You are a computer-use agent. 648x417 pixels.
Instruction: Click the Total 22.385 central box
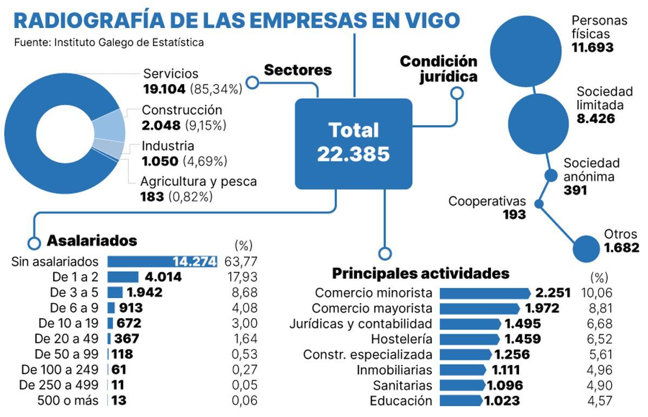(353, 143)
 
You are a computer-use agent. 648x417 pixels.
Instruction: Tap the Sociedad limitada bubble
(539, 123)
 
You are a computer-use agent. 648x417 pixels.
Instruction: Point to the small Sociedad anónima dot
(550, 176)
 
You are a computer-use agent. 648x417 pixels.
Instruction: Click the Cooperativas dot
(538, 204)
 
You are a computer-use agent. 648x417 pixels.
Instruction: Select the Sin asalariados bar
(161, 262)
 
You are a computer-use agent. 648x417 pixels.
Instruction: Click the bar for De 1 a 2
(123, 277)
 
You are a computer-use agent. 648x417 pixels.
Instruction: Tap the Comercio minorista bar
(485, 293)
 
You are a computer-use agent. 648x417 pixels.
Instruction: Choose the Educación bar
(461, 401)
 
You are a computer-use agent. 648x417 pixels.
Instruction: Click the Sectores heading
(298, 70)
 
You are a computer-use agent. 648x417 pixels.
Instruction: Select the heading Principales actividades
(420, 273)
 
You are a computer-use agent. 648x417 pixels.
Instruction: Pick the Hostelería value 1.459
(522, 339)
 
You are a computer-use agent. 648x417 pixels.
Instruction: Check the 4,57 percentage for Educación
(599, 401)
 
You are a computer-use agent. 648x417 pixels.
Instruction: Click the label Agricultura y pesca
(198, 181)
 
